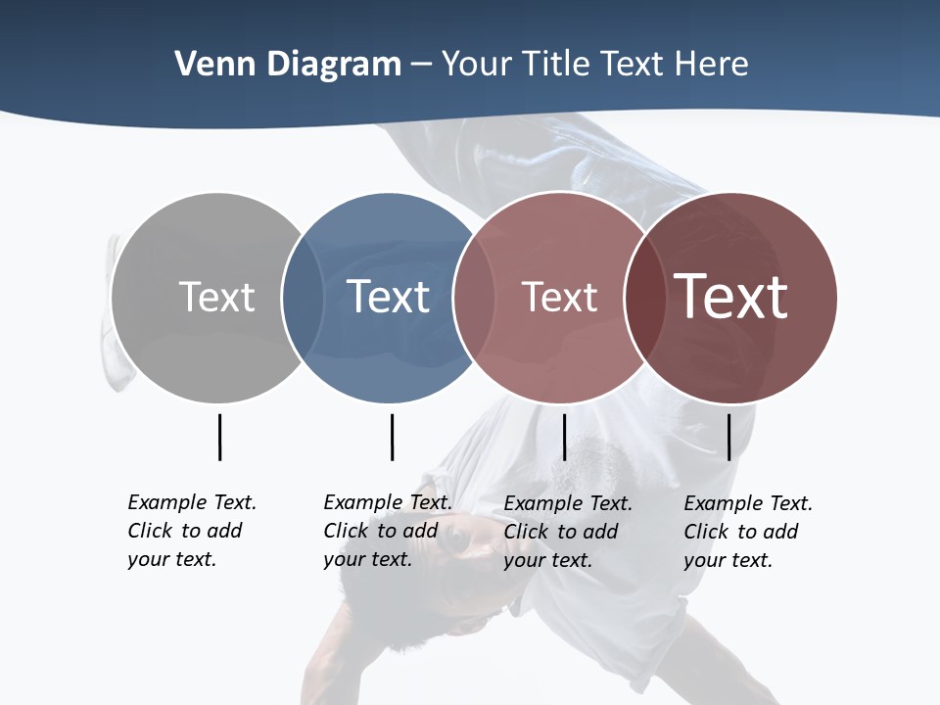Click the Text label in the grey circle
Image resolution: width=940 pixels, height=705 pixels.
coord(216,297)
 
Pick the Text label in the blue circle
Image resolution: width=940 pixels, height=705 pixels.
coord(388,297)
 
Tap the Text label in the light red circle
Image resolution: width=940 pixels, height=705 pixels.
coord(559,297)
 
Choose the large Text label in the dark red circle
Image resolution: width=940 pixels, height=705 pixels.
coord(731,297)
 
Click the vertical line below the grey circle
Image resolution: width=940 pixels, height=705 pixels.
coord(219,437)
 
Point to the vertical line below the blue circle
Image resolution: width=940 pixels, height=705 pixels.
coord(392,437)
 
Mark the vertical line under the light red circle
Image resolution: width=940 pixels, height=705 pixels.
coord(564,437)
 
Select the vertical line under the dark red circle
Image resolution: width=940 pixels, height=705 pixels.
coord(728,437)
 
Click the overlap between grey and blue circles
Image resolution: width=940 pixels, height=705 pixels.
coord(303,297)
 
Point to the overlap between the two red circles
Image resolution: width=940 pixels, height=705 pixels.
coord(640,297)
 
